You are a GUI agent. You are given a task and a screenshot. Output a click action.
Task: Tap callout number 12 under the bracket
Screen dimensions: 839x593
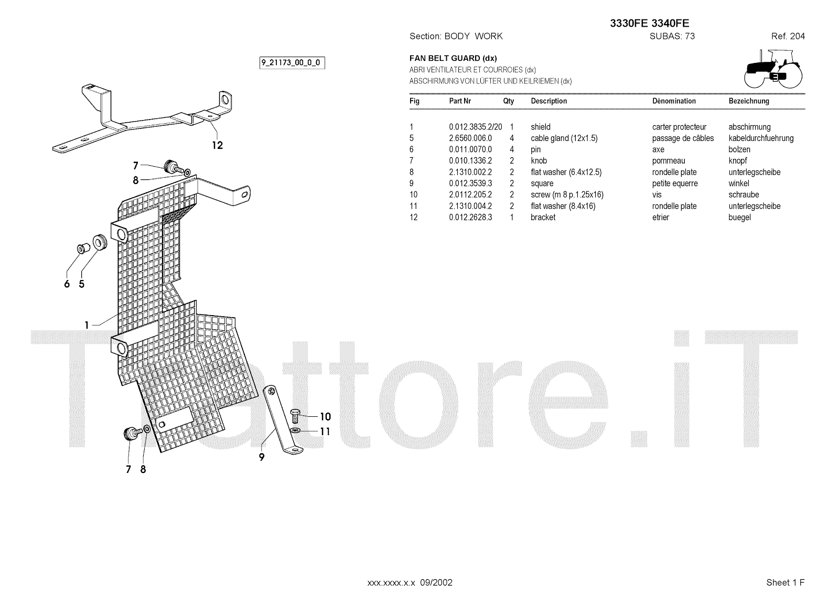pos(217,145)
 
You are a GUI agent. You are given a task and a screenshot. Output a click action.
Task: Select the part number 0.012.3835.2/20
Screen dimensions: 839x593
pos(475,127)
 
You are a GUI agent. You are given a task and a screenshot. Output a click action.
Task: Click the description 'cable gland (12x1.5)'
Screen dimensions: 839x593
pos(564,138)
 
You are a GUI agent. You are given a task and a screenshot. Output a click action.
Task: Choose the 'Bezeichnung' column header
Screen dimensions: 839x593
pos(748,101)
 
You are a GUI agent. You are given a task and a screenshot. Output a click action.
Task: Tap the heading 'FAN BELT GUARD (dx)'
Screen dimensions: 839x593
pos(453,58)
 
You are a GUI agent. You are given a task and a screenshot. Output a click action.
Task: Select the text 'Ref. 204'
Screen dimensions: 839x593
pos(788,36)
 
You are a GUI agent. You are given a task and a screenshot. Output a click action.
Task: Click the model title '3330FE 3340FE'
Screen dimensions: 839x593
pos(649,23)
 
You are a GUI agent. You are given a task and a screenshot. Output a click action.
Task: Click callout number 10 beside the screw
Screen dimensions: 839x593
pos(325,417)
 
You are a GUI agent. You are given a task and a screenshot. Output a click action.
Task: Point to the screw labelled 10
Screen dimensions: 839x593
pos(295,416)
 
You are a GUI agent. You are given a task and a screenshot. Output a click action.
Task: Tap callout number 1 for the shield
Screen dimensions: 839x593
pos(87,326)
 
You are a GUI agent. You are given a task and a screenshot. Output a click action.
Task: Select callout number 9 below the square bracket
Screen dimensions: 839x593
pos(261,457)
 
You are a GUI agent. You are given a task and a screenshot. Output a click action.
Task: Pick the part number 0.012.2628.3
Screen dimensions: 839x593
pos(470,218)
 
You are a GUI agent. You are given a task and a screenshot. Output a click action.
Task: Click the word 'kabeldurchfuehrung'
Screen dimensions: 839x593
pos(761,138)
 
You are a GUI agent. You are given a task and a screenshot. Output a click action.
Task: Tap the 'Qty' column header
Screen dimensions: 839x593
pos(508,101)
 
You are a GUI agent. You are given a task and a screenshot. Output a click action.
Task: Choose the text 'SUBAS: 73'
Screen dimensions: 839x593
pos(672,36)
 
